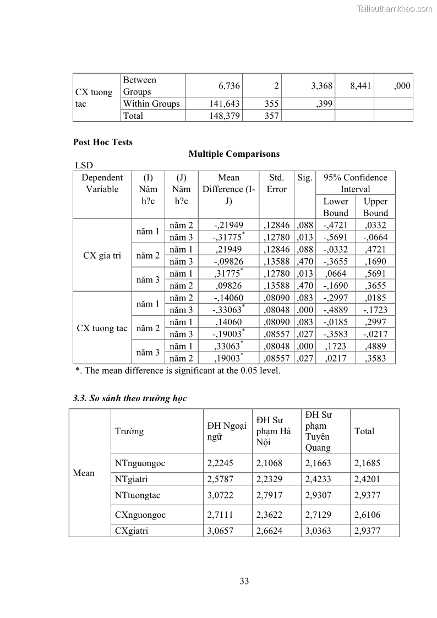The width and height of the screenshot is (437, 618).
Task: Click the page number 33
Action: (244, 581)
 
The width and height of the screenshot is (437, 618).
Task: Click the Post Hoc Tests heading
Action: (103, 142)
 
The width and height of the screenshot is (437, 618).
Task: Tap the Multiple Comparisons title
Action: (234, 154)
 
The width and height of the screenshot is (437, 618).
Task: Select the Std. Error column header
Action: (276, 183)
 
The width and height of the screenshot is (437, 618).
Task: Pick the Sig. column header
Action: (305, 178)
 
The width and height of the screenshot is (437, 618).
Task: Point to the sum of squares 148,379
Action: (223, 116)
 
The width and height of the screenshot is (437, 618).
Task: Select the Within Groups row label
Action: (151, 103)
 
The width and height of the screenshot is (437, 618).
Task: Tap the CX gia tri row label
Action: (102, 255)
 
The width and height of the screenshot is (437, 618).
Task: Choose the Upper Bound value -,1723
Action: (375, 310)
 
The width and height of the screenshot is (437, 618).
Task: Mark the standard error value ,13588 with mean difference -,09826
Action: (276, 261)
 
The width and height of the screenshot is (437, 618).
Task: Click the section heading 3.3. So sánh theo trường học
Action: (130, 398)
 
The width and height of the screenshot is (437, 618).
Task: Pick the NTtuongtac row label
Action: (138, 495)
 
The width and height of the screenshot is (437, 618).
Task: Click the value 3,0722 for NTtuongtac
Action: (220, 495)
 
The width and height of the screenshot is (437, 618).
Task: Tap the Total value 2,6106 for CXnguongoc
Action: (367, 515)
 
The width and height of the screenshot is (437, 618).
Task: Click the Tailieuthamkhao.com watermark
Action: (395, 8)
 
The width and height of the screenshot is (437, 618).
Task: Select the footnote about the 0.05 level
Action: (178, 370)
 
